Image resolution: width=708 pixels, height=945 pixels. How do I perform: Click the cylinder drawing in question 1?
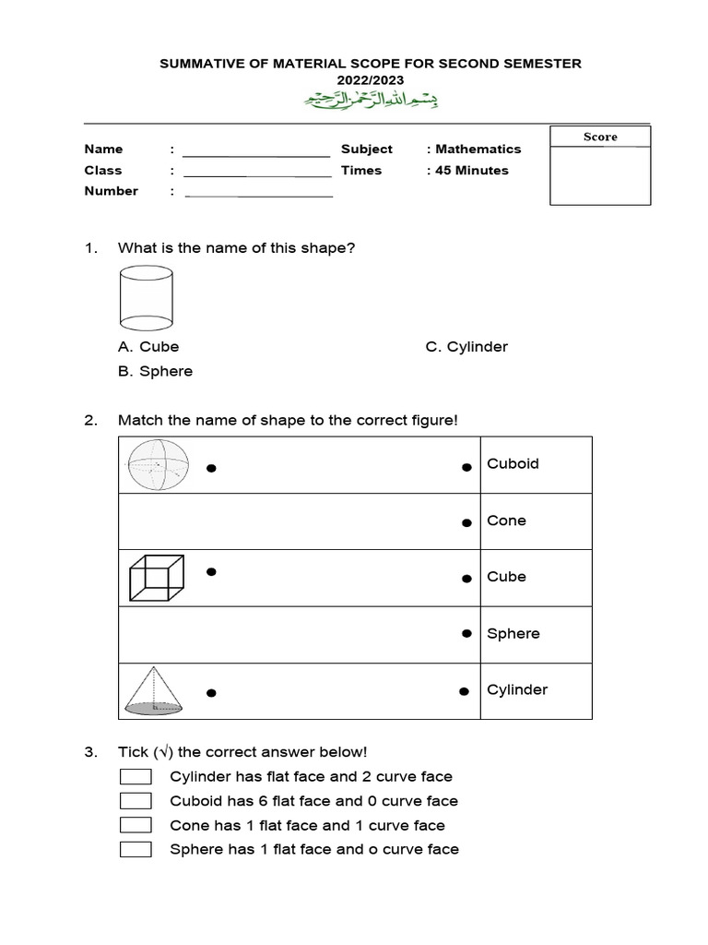[147, 297]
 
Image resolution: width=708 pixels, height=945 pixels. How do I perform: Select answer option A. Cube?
[148, 347]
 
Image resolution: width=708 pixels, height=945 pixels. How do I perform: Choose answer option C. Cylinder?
[466, 347]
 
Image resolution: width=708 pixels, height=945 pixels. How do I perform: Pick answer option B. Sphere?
[155, 371]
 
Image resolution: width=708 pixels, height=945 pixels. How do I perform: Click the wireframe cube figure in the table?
[155, 578]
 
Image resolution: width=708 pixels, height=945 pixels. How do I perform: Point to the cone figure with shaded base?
[155, 691]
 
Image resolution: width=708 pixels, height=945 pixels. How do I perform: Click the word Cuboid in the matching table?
[513, 464]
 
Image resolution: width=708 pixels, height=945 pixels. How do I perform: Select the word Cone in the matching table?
[506, 520]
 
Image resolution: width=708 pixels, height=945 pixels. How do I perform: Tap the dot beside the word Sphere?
[466, 634]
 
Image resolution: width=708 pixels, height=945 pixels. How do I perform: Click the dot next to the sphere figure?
[211, 469]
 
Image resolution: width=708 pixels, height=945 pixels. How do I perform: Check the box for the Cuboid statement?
[136, 801]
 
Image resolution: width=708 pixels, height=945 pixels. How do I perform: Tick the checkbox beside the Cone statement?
[136, 825]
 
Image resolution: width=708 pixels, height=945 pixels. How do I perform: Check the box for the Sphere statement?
[136, 849]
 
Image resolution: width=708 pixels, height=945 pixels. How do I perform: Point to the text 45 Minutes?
[471, 170]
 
